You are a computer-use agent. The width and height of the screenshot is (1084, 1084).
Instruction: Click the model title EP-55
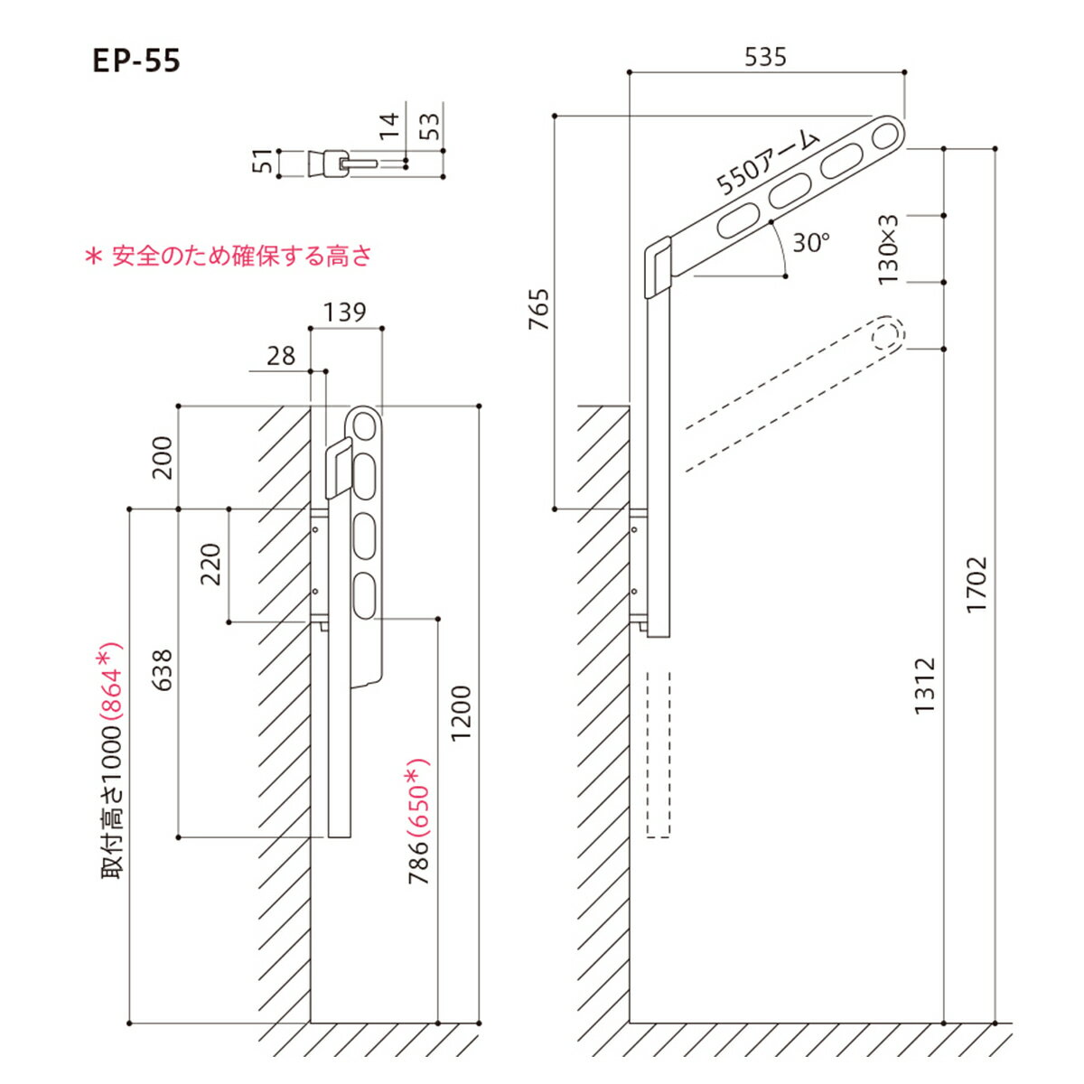pyautogui.click(x=136, y=61)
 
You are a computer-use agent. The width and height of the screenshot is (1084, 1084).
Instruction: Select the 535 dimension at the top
pyautogui.click(x=765, y=57)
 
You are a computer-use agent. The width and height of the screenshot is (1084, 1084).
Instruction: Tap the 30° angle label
pyautogui.click(x=810, y=243)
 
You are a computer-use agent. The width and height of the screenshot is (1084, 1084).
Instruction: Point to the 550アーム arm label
pyautogui.click(x=767, y=164)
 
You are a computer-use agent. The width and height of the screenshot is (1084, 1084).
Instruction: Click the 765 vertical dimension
pyautogui.click(x=538, y=310)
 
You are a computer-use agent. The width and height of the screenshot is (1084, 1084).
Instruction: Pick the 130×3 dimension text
pyautogui.click(x=889, y=249)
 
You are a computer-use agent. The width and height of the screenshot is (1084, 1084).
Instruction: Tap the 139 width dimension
pyautogui.click(x=345, y=312)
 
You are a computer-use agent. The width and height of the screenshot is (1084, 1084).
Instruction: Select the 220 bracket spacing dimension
pyautogui.click(x=210, y=565)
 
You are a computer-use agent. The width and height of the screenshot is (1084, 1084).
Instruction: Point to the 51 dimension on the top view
pyautogui.click(x=264, y=163)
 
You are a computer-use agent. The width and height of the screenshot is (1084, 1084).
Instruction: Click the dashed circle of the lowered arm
pyautogui.click(x=887, y=333)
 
